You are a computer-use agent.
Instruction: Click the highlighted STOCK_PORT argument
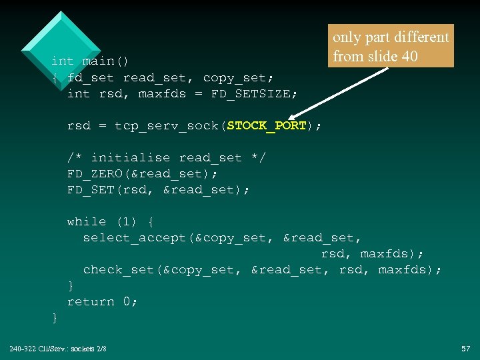267,125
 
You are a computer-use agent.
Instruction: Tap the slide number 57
466,349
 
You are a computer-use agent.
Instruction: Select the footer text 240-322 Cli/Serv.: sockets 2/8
58,349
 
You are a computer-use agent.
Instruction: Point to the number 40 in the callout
410,56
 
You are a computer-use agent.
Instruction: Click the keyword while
87,221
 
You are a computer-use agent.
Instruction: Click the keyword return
91,301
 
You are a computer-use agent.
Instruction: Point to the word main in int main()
98,61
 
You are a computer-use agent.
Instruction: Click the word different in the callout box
421,37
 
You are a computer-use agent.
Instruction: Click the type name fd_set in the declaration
91,77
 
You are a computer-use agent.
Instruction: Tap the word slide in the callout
381,56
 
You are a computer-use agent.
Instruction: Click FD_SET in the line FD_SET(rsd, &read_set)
87,189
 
